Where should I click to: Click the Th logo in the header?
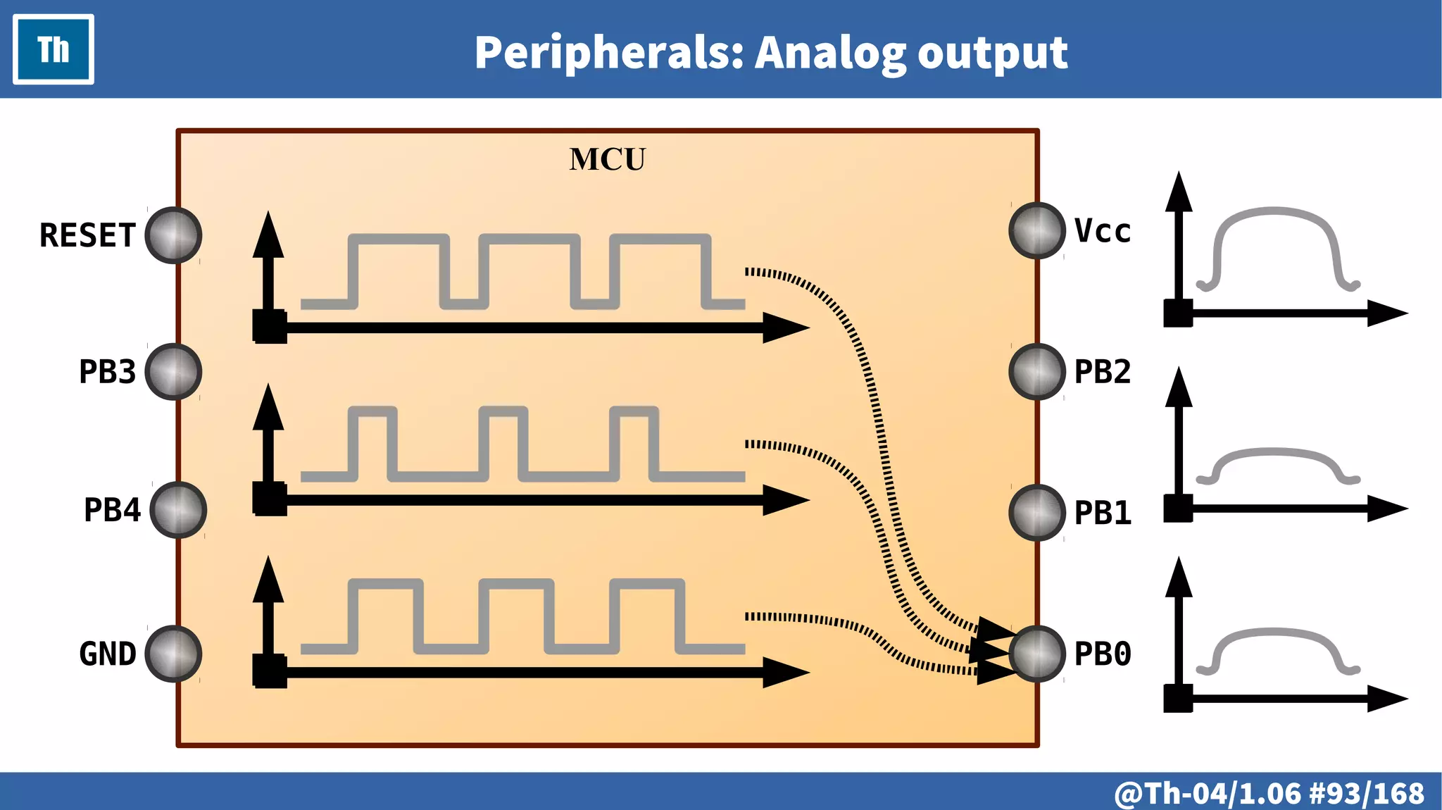coord(54,50)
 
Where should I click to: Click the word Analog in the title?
coord(831,54)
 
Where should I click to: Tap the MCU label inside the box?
coord(607,160)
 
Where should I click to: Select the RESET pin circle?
coord(173,235)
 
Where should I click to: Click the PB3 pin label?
coord(107,372)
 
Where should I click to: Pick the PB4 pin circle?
coord(178,510)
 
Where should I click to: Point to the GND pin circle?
coord(173,654)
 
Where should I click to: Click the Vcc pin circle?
coord(1037,230)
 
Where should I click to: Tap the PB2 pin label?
coord(1103,372)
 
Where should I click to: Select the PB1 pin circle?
coord(1037,513)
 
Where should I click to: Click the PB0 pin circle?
coord(1037,654)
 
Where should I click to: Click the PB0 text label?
coord(1103,654)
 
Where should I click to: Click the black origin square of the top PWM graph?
coord(270,327)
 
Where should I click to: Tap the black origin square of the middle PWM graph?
coord(270,499)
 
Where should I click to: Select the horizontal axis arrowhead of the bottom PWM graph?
coord(786,673)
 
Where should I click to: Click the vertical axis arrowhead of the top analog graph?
coord(1179,192)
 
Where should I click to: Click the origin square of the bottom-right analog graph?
coord(1178,698)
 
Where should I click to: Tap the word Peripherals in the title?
coord(608,54)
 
